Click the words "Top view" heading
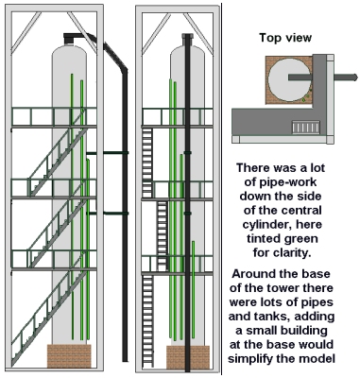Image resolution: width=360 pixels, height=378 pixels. tap(285, 38)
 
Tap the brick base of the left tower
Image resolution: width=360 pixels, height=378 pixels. tap(69, 356)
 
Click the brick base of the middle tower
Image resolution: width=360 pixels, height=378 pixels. tap(188, 357)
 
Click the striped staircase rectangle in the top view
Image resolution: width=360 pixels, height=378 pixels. tap(306, 128)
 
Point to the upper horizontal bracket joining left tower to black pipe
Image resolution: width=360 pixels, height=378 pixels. tap(108, 153)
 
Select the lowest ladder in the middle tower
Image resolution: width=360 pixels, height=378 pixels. tap(147, 320)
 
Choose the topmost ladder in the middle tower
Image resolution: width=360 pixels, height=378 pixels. tap(147, 163)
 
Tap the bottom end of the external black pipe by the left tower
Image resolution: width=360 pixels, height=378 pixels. tap(125, 361)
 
